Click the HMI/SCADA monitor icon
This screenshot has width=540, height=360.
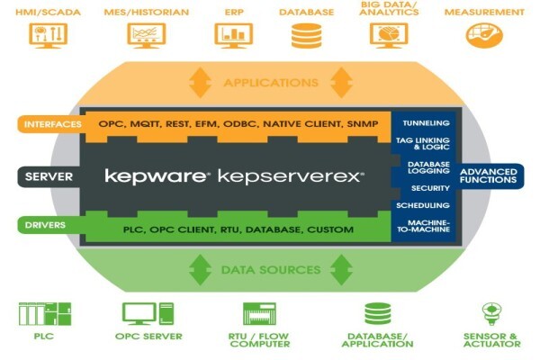click(49, 35)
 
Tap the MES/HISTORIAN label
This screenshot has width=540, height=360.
click(147, 12)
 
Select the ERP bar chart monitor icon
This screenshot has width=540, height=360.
click(233, 35)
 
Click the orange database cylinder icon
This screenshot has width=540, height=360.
click(307, 35)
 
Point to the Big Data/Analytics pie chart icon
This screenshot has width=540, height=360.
click(389, 35)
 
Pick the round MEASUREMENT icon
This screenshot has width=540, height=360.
click(484, 35)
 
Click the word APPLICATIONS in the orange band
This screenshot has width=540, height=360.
click(271, 83)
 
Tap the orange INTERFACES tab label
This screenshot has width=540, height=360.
click(53, 124)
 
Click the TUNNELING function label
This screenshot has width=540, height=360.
click(426, 123)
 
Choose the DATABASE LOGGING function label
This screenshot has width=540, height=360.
click(428, 167)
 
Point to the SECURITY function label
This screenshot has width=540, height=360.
click(430, 188)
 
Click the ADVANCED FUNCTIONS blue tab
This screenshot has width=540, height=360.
click(489, 175)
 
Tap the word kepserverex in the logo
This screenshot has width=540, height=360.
click(291, 176)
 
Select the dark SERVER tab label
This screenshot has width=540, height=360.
click(49, 176)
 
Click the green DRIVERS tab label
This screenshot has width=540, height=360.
click(45, 225)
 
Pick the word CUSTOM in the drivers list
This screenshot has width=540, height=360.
click(330, 229)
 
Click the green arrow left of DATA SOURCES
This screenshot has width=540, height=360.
click(201, 270)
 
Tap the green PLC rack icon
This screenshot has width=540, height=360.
click(45, 314)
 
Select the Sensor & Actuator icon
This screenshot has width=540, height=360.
click(491, 313)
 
